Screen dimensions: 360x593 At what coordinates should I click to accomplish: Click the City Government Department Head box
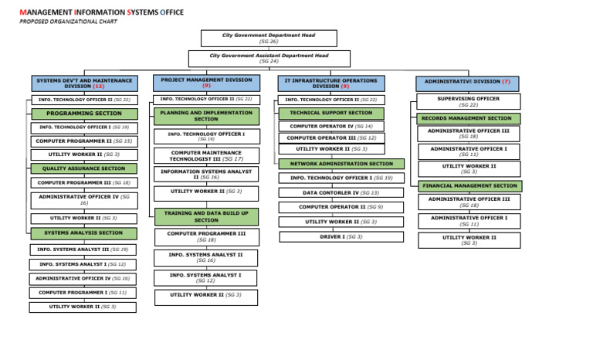coord(269,38)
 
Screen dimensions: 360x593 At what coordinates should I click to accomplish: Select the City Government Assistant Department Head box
coord(269,58)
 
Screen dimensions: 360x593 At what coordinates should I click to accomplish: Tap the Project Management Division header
coord(206,83)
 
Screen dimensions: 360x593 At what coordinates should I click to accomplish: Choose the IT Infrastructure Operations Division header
coord(330,83)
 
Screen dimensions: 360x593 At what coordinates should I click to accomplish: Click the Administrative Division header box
coord(466,83)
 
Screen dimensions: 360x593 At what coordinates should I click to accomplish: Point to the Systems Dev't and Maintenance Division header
coord(84,83)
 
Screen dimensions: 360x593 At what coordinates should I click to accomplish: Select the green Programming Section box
coord(83,114)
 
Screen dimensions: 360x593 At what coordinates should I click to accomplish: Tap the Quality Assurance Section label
coord(83,168)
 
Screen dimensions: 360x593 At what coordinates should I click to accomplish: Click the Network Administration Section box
coord(341,164)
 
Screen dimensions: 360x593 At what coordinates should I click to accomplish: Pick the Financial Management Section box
coord(469,186)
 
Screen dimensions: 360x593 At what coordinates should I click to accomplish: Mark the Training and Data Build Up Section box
coord(206,216)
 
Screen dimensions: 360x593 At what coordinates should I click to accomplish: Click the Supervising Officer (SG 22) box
coord(469,101)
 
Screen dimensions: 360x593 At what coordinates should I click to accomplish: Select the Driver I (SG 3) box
coord(341,236)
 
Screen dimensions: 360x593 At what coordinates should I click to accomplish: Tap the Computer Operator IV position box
coord(331,126)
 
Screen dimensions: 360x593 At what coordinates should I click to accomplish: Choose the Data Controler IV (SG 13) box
coord(341,192)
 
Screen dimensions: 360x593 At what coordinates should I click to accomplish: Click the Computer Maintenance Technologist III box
coord(206,156)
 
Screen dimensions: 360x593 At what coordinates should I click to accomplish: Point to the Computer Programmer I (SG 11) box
coord(83,293)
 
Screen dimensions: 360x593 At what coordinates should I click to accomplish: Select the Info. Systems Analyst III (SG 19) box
coord(83,250)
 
